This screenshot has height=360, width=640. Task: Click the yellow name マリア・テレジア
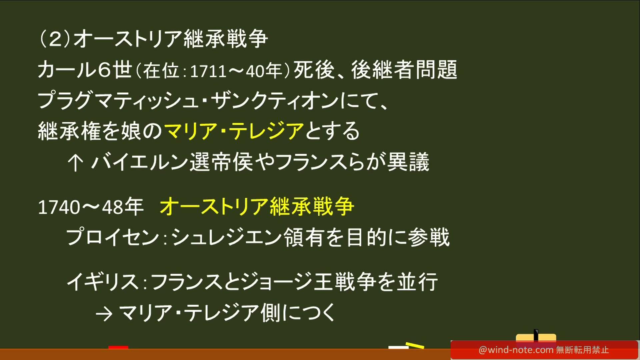[234, 131]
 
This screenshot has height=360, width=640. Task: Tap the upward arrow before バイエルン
[75, 163]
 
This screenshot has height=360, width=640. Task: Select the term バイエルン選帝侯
[172, 162]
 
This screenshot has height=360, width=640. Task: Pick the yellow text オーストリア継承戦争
[257, 206]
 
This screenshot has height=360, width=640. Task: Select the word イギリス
[103, 282]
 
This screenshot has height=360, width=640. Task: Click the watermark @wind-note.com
[516, 350]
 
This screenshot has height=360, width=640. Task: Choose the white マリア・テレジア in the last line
[189, 313]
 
